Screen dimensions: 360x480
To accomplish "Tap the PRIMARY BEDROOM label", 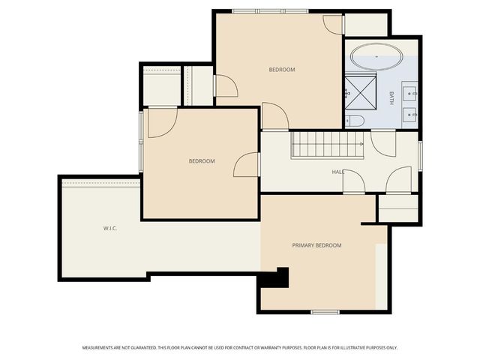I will [x=316, y=245].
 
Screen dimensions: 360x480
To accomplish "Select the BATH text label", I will [x=391, y=97].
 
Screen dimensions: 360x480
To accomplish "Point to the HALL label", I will [x=338, y=172].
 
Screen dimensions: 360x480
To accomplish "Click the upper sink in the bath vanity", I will [x=409, y=93].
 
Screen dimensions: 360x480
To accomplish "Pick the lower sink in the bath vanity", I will [x=409, y=114].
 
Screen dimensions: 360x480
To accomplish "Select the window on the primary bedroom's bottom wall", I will [x=325, y=311].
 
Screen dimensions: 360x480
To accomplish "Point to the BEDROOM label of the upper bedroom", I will [x=282, y=70].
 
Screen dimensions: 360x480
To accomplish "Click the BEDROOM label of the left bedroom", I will [x=202, y=161].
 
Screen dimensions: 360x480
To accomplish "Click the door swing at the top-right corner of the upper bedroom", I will [x=332, y=23].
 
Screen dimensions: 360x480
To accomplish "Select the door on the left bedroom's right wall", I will [x=247, y=165].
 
